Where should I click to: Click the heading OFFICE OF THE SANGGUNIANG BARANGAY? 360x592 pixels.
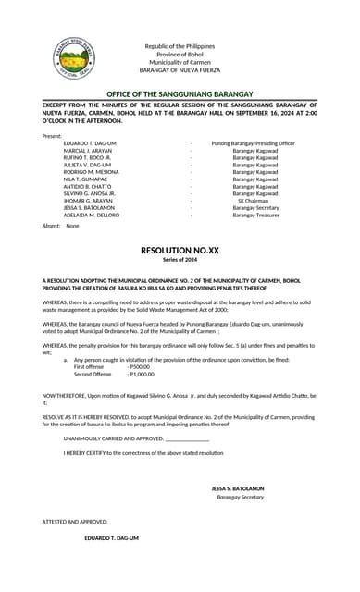[180, 94]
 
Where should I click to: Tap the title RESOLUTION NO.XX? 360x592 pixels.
[180, 251]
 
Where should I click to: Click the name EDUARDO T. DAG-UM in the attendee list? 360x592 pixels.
[90, 143]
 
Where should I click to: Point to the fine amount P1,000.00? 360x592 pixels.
[142, 374]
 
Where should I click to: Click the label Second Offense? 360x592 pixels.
[93, 374]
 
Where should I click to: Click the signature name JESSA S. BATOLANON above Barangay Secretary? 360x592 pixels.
[238, 487]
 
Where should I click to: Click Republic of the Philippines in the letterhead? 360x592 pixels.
[180, 46]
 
